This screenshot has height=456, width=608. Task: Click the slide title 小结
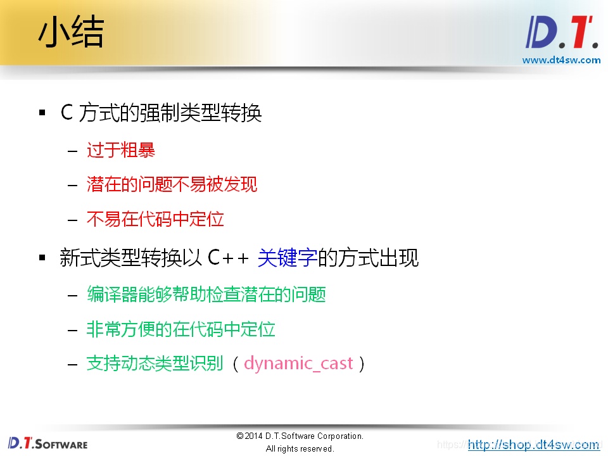[x=70, y=33]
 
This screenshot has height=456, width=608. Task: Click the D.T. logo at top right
[x=560, y=33]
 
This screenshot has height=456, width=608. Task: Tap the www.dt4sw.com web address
[x=560, y=60]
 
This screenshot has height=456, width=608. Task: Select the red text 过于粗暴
[x=121, y=150]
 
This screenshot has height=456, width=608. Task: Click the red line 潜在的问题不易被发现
[x=172, y=184]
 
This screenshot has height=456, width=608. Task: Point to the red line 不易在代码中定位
[x=155, y=219]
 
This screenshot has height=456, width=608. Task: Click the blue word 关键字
[x=287, y=258]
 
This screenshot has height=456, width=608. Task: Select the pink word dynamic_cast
[x=298, y=364]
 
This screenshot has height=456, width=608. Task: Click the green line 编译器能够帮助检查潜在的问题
[x=206, y=294]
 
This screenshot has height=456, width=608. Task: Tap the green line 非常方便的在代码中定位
[x=180, y=329]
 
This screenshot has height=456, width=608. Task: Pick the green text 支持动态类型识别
[x=155, y=364]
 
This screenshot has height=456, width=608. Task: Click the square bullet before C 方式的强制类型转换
[x=42, y=113]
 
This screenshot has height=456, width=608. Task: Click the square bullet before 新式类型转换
[x=42, y=258]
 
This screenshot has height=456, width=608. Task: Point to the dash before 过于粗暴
[x=72, y=151]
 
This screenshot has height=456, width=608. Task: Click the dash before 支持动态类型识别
[x=72, y=364]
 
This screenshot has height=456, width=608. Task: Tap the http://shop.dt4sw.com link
[x=533, y=445]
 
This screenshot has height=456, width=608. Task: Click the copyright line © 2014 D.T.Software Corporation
[x=300, y=436]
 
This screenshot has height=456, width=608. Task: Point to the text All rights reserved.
[x=300, y=448]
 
